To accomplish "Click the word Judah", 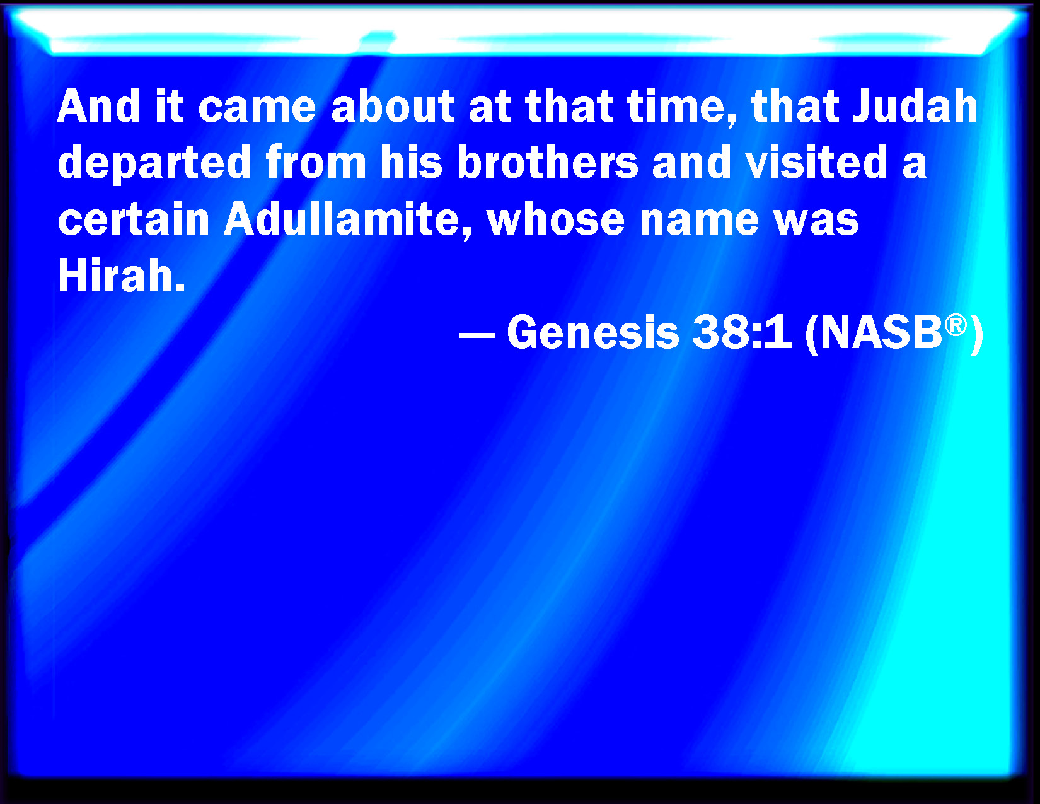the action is [915, 106].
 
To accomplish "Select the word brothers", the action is [548, 162].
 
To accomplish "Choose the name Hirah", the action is [121, 276].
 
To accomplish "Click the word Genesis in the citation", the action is [593, 332].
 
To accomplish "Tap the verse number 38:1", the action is [742, 332].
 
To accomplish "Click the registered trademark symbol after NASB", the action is [956, 325].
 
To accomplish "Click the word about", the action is [393, 106].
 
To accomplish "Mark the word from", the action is [316, 162].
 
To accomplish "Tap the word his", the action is [412, 162].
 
